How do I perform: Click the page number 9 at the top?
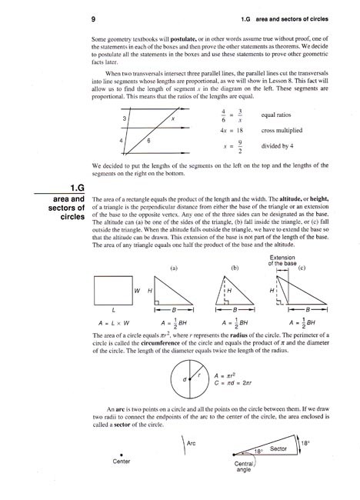point(92,16)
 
